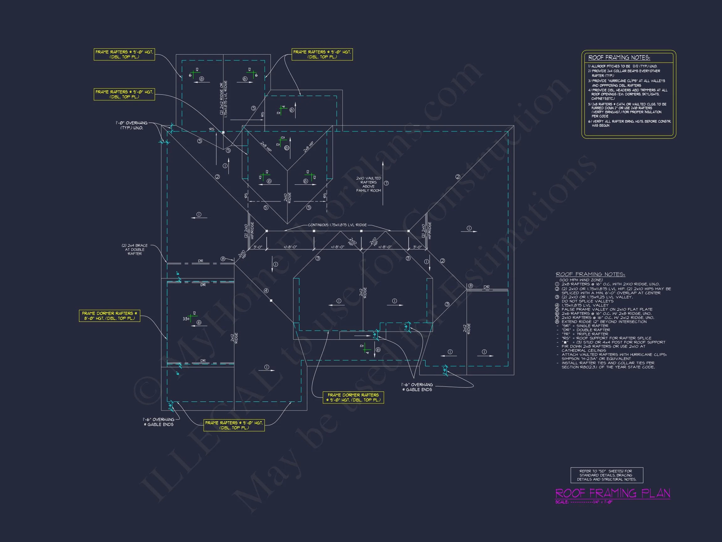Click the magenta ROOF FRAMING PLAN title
tap(613, 493)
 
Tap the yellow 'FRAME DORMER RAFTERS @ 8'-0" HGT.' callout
tap(109, 316)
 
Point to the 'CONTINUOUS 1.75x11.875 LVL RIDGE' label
tap(337, 225)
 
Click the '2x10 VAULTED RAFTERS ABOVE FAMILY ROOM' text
tap(369, 184)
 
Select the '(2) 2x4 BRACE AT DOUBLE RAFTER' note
tap(134, 249)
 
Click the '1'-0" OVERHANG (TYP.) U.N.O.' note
tap(132, 125)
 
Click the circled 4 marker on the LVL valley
tap(266, 291)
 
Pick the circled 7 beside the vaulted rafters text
tap(386, 183)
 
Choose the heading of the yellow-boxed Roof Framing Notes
tap(619, 58)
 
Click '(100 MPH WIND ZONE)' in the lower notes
tap(581, 280)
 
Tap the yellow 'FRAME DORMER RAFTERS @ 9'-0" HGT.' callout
tap(353, 397)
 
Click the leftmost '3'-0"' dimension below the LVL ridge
tap(258, 247)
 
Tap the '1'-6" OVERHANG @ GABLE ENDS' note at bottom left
tap(159, 422)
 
